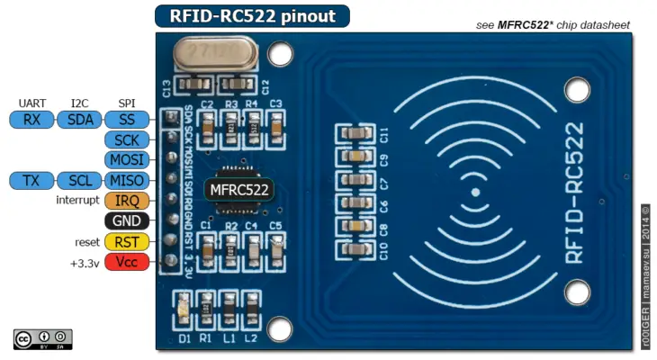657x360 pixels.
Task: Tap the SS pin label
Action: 126,120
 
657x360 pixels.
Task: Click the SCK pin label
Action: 126,140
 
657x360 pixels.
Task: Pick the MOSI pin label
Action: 126,160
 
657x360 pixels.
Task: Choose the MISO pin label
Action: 126,181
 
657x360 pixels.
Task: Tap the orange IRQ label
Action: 126,201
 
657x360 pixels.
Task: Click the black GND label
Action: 126,221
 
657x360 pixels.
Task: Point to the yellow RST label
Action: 126,241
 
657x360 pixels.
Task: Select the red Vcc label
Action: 126,262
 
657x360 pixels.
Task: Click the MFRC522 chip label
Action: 238,189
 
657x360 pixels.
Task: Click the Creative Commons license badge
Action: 42,338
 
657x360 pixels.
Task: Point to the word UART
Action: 32,103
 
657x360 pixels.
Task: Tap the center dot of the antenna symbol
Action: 474,192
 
